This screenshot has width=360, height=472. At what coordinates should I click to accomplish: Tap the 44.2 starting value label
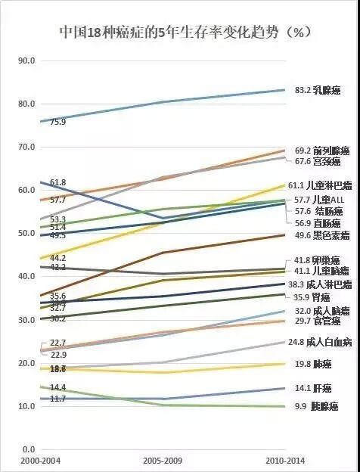(57, 258)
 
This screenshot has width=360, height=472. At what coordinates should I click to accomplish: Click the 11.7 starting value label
(57, 399)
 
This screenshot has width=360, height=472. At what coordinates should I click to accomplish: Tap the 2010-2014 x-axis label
(285, 461)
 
